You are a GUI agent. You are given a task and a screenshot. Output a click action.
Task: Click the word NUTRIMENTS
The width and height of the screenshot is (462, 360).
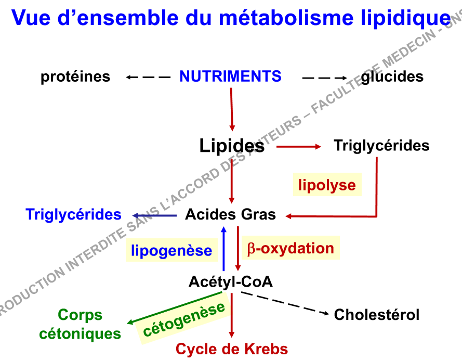(230, 77)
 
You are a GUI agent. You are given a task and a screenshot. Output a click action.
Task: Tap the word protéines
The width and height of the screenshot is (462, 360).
(75, 77)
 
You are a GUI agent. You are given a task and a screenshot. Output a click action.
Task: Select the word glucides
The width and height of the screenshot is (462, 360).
(392, 77)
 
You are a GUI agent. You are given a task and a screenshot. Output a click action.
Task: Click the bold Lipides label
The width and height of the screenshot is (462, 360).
(232, 146)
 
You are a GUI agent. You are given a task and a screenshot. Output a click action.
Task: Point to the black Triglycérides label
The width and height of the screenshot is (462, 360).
(381, 145)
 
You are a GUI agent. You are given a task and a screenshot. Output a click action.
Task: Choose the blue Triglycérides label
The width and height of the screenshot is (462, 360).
(73, 214)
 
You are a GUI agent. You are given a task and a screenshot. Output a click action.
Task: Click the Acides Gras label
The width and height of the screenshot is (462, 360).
(230, 214)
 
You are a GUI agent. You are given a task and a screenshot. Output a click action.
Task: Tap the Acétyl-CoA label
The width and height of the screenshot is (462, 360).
(230, 282)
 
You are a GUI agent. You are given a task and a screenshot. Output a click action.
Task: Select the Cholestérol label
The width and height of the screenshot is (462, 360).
(376, 315)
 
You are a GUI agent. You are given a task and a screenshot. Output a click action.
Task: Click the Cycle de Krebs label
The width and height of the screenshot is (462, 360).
(232, 349)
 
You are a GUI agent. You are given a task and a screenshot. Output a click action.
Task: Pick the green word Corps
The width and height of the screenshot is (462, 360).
(80, 315)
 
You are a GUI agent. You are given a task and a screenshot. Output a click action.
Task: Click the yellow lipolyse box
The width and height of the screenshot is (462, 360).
(327, 185)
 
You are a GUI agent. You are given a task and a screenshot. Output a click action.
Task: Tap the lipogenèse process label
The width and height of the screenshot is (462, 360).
(171, 251)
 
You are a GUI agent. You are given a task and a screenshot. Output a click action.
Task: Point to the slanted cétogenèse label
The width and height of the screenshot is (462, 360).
(184, 319)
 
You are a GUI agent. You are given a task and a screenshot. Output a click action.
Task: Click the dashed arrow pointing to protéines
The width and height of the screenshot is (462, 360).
(148, 78)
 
